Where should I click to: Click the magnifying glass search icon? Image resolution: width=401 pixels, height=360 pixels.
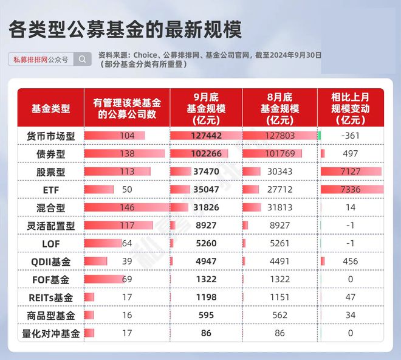pyautogui.click(x=83, y=60)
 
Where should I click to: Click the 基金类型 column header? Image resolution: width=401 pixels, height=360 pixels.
pyautogui.click(x=50, y=109)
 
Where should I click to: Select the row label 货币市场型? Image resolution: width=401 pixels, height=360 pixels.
pyautogui.click(x=50, y=136)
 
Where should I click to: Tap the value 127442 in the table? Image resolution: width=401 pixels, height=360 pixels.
pyautogui.click(x=206, y=136)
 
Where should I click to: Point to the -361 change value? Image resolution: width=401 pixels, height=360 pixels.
pyautogui.click(x=351, y=136)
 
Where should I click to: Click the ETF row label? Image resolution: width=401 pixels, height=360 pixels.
pyautogui.click(x=50, y=190)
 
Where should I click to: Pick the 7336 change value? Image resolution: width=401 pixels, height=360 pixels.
pyautogui.click(x=351, y=190)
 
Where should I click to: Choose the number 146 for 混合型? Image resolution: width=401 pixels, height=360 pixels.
pyautogui.click(x=127, y=207)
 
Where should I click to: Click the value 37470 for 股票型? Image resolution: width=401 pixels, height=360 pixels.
pyautogui.click(x=206, y=171)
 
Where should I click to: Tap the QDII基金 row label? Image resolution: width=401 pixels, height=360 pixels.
pyautogui.click(x=50, y=261)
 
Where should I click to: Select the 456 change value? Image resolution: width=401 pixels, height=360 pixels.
pyautogui.click(x=351, y=261)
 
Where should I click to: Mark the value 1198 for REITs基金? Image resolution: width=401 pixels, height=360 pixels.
pyautogui.click(x=206, y=297)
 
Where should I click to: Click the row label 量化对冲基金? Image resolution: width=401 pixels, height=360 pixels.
pyautogui.click(x=50, y=333)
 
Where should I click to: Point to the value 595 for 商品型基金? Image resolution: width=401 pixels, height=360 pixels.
pyautogui.click(x=206, y=315)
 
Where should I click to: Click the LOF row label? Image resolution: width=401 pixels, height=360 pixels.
pyautogui.click(x=50, y=244)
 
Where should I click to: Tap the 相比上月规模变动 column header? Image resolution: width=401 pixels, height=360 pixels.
pyautogui.click(x=351, y=109)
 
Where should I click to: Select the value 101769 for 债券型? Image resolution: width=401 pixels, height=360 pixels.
pyautogui.click(x=279, y=154)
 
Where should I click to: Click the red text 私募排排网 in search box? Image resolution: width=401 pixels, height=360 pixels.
pyautogui.click(x=30, y=60)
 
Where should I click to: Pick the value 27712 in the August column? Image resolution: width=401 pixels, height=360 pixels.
pyautogui.click(x=279, y=190)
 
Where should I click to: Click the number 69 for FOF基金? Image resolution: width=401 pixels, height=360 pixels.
pyautogui.click(x=127, y=279)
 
